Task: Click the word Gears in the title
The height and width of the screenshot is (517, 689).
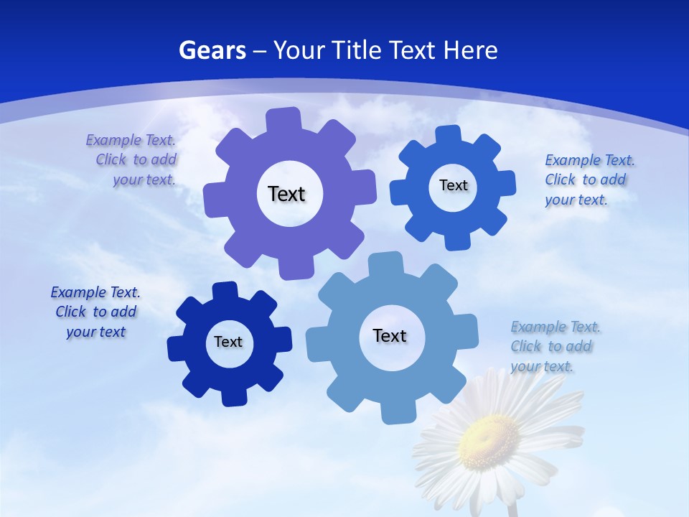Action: [x=212, y=50]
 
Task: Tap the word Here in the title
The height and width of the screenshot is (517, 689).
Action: [x=470, y=50]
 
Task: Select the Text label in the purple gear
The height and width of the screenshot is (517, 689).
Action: [x=286, y=194]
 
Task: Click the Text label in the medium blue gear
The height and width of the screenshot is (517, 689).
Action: [x=453, y=185]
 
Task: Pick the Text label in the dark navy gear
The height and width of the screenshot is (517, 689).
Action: [x=228, y=342]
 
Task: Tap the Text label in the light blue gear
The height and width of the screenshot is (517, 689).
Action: [x=390, y=335]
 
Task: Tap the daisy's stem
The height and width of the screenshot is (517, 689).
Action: [x=512, y=509]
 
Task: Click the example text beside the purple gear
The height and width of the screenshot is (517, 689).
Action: [x=136, y=159]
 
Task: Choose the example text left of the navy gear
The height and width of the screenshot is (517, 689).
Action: [x=95, y=312]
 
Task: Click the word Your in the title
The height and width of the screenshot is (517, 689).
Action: [x=300, y=50]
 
